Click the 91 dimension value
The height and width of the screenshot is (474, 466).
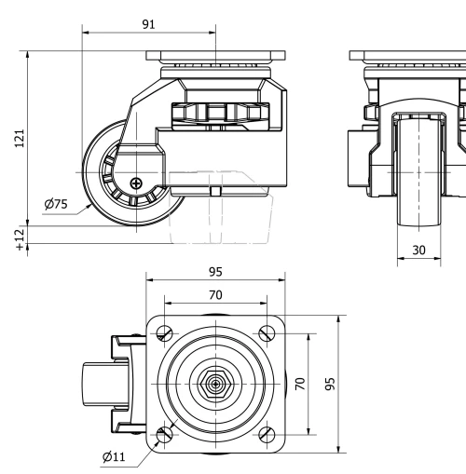(148, 24)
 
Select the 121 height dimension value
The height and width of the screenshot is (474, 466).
(20, 138)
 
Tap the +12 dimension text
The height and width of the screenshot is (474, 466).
(20, 239)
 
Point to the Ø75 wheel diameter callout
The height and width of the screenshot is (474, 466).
(56, 204)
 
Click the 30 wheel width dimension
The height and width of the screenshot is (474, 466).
(418, 250)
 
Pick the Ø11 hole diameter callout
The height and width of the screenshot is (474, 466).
(114, 457)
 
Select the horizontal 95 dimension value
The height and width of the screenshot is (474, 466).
(215, 272)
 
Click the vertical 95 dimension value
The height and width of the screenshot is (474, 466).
(330, 384)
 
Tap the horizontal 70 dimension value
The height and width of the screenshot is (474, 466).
(215, 295)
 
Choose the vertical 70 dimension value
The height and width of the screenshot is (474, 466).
(300, 384)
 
